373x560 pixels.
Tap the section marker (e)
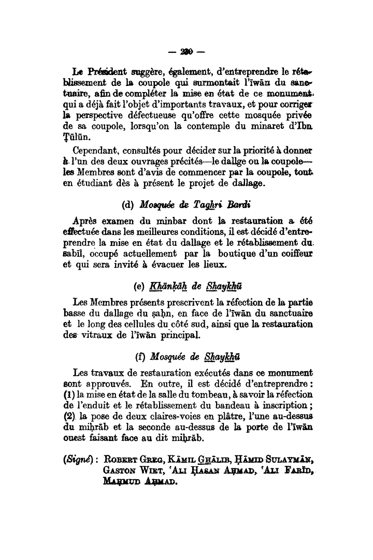(139, 286)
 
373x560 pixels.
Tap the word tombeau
(213, 396)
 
